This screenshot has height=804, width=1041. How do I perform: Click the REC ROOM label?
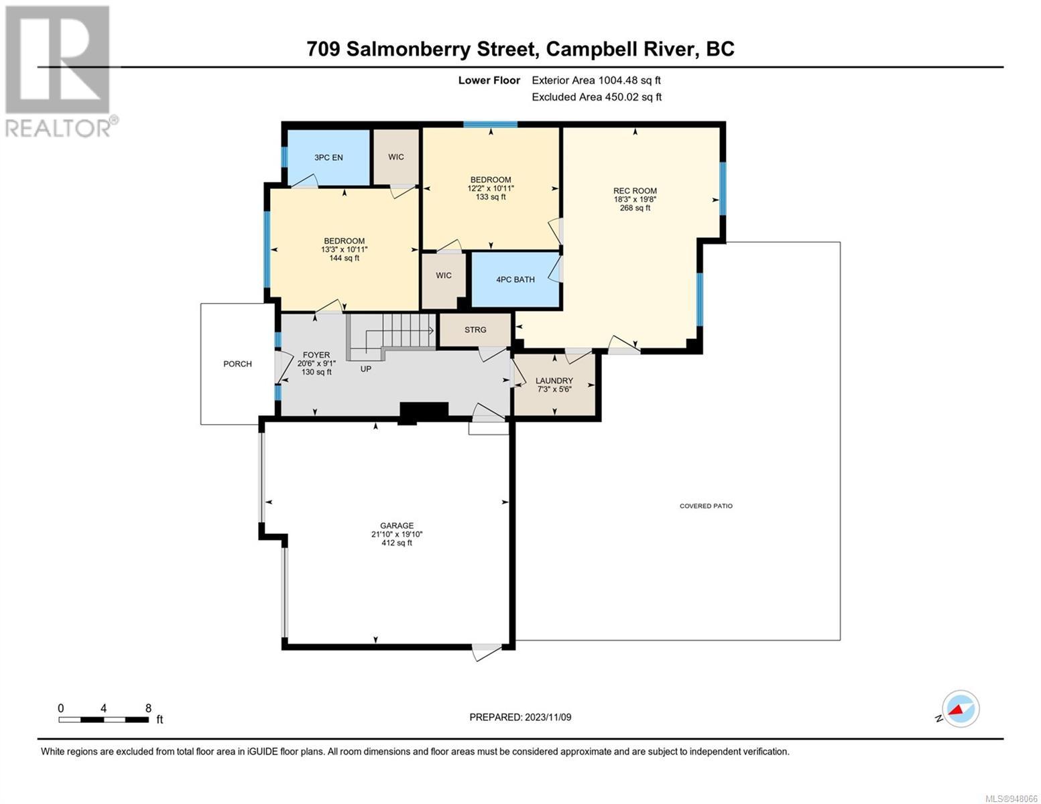tap(635, 190)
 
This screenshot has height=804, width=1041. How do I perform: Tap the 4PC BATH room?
tap(515, 279)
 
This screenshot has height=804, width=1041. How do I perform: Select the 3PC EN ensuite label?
tap(328, 157)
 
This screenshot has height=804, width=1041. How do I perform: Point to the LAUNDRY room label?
tap(554, 381)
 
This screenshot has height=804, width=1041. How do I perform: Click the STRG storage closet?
tap(475, 330)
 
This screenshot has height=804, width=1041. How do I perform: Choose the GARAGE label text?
tap(397, 525)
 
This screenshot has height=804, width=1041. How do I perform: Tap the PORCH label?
tap(237, 364)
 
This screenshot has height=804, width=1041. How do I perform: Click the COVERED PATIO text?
tap(706, 506)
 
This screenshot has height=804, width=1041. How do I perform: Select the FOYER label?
tap(316, 355)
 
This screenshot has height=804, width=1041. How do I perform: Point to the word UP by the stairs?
tap(365, 368)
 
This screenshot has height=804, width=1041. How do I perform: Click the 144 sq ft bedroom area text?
tap(344, 258)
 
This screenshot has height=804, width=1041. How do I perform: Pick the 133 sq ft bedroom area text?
tap(491, 197)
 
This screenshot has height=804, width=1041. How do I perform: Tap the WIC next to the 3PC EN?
tap(395, 157)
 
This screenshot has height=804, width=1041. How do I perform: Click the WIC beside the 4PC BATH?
tap(444, 275)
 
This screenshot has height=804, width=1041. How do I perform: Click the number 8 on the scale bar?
tap(148, 708)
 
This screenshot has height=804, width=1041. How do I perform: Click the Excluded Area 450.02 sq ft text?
tap(597, 96)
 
